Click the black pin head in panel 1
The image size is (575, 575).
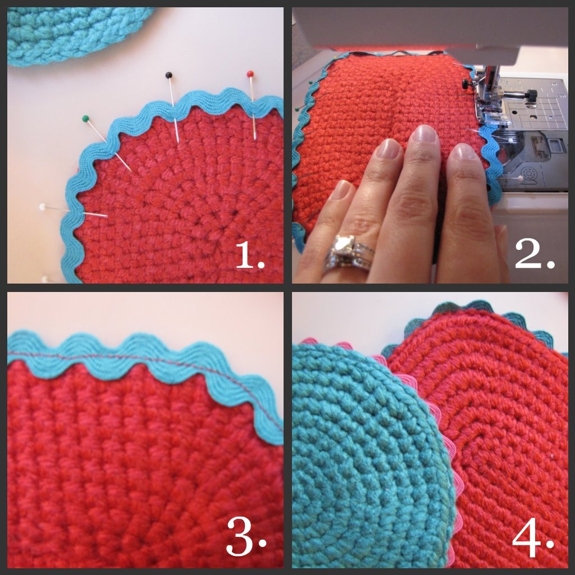(x=168, y=75)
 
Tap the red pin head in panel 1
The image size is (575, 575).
(x=250, y=74)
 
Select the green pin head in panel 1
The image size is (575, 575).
(x=85, y=118)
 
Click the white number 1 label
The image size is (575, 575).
(x=249, y=255)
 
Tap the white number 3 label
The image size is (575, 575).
(x=246, y=536)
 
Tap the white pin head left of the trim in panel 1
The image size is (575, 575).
(x=43, y=207)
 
